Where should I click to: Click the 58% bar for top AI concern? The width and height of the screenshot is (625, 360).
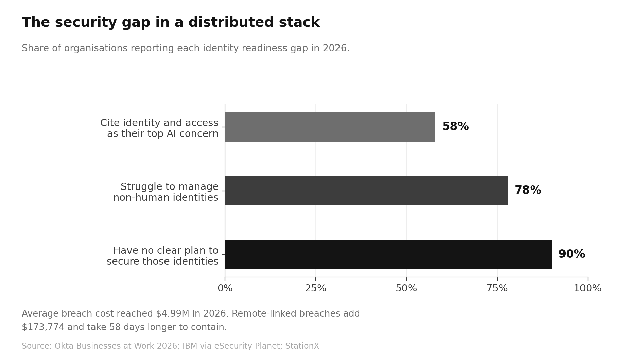330,127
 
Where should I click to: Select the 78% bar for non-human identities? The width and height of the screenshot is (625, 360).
366,191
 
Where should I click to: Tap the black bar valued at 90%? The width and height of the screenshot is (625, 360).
388,255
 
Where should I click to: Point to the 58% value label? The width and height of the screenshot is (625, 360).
455,126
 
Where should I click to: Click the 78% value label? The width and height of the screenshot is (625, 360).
528,190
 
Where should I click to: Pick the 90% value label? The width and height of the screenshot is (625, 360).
572,254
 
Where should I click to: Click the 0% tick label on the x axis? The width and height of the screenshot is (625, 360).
225,288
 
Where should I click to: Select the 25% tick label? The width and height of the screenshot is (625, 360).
315,288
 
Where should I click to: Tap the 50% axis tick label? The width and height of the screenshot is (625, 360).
406,288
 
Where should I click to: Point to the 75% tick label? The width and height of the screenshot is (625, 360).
497,288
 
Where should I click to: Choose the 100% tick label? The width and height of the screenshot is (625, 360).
588,288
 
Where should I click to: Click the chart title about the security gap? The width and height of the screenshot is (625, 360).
171,23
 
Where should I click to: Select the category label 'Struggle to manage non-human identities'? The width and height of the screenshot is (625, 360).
166,192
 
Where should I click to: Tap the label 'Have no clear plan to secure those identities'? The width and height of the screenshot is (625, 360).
162,256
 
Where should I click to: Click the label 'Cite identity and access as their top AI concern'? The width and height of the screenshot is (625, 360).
159,128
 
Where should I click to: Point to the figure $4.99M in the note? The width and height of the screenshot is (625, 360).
172,314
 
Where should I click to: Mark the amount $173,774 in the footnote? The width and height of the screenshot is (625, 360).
43,327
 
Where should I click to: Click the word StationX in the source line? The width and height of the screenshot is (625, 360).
302,346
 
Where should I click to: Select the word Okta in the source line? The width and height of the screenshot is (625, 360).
62,346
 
